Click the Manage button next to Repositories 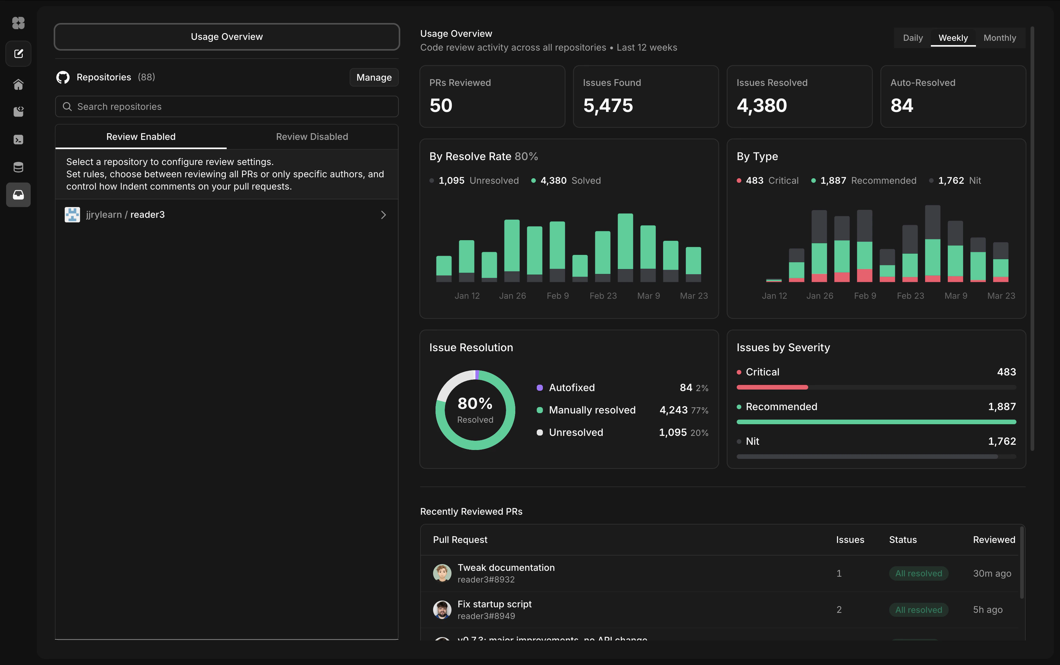[374, 77]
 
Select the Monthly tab [999, 38]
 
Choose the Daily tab [913, 38]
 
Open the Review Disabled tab [312, 137]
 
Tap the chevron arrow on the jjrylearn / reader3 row [383, 215]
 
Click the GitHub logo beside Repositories [63, 77]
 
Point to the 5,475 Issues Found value [608, 106]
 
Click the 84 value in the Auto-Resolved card [901, 106]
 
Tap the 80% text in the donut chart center [475, 403]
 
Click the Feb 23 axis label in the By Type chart [910, 296]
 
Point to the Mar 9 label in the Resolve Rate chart [648, 296]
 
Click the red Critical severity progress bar [772, 387]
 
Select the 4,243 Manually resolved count [673, 410]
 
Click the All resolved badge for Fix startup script [918, 609]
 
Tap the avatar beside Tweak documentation [442, 573]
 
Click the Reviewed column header [994, 540]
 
